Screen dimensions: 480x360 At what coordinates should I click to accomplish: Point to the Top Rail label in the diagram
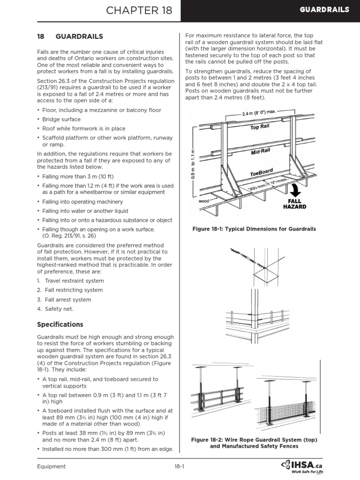coord(261,127)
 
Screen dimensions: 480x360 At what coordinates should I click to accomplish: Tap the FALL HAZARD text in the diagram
coord(294,203)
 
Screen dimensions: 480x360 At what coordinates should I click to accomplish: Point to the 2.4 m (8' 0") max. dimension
coord(259,113)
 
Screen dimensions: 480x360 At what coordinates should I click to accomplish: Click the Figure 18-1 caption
coord(255,229)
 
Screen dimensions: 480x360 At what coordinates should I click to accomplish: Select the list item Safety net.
coord(59,309)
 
